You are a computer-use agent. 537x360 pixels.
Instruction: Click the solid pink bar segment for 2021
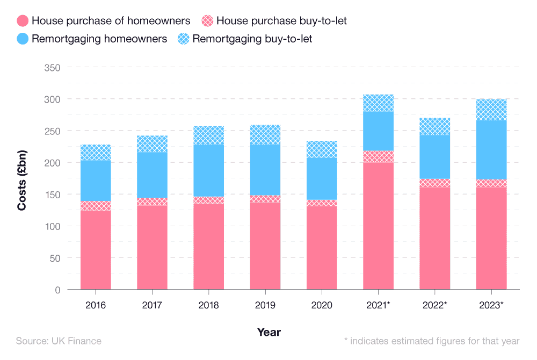[x=378, y=226]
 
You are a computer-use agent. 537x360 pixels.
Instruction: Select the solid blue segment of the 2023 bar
[x=491, y=150]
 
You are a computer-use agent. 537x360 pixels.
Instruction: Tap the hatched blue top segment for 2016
[x=96, y=153]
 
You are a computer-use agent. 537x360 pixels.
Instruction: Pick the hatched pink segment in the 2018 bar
[x=208, y=200]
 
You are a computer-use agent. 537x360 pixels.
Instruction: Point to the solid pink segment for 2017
[x=152, y=247]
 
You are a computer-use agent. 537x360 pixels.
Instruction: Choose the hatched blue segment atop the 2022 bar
[x=435, y=127]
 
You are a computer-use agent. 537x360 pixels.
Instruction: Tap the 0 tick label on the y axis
[x=56, y=290]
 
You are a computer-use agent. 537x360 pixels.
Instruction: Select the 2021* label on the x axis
[x=378, y=305]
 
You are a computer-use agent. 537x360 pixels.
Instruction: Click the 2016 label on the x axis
[x=96, y=305]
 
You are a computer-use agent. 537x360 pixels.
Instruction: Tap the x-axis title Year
[x=268, y=332]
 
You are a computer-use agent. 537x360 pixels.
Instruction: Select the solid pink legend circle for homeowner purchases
[x=22, y=21]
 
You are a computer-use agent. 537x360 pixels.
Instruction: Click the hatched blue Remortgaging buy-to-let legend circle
[x=183, y=39]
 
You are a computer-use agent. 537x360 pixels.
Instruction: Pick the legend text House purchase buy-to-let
[x=281, y=21]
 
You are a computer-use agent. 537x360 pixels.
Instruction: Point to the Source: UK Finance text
[x=59, y=341]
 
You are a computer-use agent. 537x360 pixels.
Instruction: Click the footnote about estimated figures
[x=431, y=341]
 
